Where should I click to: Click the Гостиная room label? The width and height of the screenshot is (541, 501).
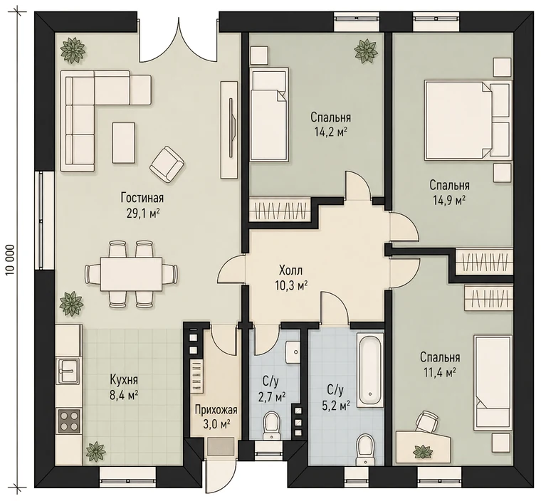click(x=142, y=198)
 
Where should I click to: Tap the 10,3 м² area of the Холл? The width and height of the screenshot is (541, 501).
click(x=292, y=285)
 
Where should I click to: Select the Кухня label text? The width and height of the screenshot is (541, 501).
click(x=124, y=380)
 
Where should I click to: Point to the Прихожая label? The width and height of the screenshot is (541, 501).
click(x=216, y=410)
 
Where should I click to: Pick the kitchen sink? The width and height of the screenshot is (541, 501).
click(x=68, y=371)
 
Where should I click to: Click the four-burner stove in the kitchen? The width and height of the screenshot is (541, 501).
click(x=69, y=421)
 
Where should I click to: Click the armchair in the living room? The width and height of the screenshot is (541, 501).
click(x=167, y=164)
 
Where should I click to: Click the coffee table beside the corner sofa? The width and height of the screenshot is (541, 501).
click(x=124, y=142)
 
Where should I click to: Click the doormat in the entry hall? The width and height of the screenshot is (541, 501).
click(x=221, y=447)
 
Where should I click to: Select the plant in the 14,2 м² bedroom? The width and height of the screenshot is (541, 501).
click(x=365, y=51)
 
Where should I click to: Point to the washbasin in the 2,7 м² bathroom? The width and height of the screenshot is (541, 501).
click(x=293, y=352)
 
